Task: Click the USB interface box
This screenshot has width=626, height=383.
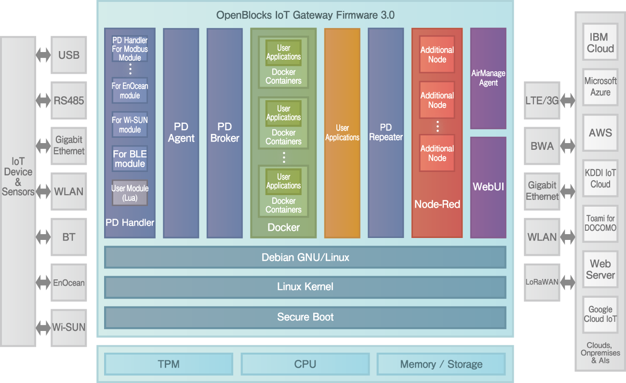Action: pyautogui.click(x=69, y=55)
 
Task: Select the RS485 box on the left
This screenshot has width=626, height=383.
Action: pyautogui.click(x=69, y=101)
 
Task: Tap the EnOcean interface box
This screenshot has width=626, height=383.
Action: pyautogui.click(x=69, y=282)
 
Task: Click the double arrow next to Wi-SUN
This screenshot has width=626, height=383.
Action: pyautogui.click(x=43, y=328)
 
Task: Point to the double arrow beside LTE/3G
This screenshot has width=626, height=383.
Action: pyautogui.click(x=568, y=101)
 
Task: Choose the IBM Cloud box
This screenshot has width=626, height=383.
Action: pyautogui.click(x=600, y=42)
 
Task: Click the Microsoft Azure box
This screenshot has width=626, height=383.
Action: pyautogui.click(x=600, y=87)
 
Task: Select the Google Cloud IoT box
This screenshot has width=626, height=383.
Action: pyautogui.click(x=600, y=315)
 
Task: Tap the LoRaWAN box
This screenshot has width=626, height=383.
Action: pyautogui.click(x=542, y=282)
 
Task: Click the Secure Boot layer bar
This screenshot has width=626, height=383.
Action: pyautogui.click(x=305, y=317)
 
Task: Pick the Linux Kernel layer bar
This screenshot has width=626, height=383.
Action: pyautogui.click(x=305, y=287)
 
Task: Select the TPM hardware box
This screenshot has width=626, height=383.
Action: pyautogui.click(x=169, y=364)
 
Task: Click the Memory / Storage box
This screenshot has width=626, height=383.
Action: pyautogui.click(x=441, y=364)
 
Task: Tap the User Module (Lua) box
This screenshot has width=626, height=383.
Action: pyautogui.click(x=130, y=193)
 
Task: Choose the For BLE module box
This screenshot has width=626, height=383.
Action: pyautogui.click(x=130, y=158)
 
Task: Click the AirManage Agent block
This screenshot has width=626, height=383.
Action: pyautogui.click(x=488, y=78)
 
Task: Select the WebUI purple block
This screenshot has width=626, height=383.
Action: pyautogui.click(x=488, y=187)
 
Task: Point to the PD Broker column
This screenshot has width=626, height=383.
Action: pyautogui.click(x=225, y=133)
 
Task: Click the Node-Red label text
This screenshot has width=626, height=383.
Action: pyautogui.click(x=437, y=204)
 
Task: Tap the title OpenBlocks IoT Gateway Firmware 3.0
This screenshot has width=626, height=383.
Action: pyautogui.click(x=305, y=15)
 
